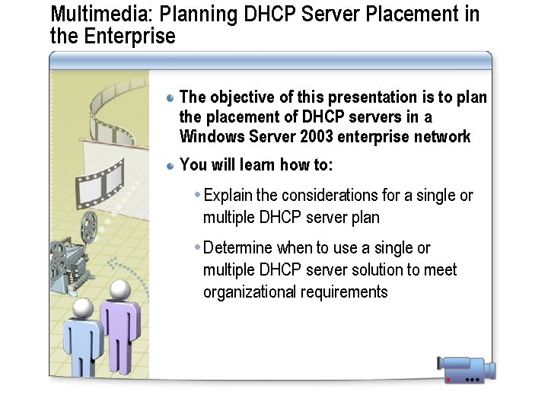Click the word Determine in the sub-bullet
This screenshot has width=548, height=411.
click(x=238, y=248)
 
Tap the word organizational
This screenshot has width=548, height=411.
click(x=249, y=292)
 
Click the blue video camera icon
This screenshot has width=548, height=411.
click(x=466, y=368)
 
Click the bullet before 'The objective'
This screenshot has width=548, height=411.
click(x=171, y=97)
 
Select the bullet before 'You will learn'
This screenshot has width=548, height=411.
click(x=171, y=165)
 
